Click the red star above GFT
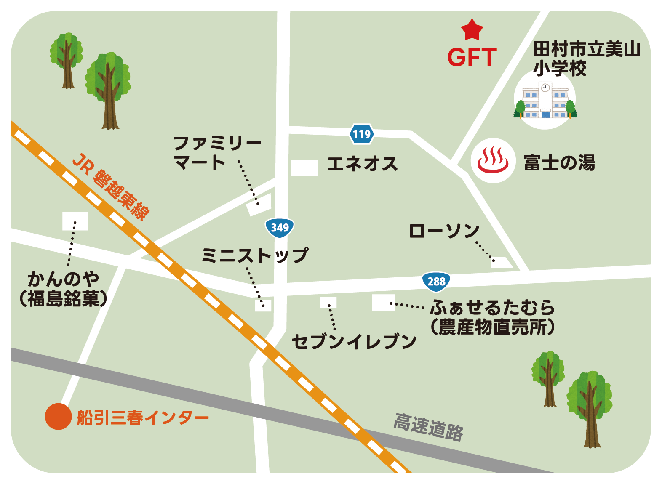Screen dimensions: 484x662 tap(472, 30)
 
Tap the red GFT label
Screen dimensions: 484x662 tap(472, 57)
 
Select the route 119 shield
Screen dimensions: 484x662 tap(361, 134)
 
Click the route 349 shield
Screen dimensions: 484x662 tap(280, 228)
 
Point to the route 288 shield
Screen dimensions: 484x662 tap(436, 281)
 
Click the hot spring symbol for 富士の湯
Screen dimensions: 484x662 tap(493, 161)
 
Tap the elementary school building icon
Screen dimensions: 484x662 tap(545, 101)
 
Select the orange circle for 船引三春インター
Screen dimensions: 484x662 tap(58, 417)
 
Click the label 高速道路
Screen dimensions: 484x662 tap(428, 427)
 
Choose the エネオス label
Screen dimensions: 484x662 tap(362, 164)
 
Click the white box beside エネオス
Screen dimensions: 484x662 tap(304, 168)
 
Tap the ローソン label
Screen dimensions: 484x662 tap(444, 231)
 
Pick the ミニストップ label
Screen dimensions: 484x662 tap(255, 255)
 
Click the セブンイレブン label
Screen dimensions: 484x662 tap(354, 341)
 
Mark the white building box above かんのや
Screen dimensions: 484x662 tap(75, 221)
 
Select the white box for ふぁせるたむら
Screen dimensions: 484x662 tap(383, 303)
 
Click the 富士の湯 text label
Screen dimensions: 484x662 tap(559, 163)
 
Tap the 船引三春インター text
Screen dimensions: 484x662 tap(143, 418)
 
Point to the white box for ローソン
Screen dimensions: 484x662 tap(502, 262)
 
